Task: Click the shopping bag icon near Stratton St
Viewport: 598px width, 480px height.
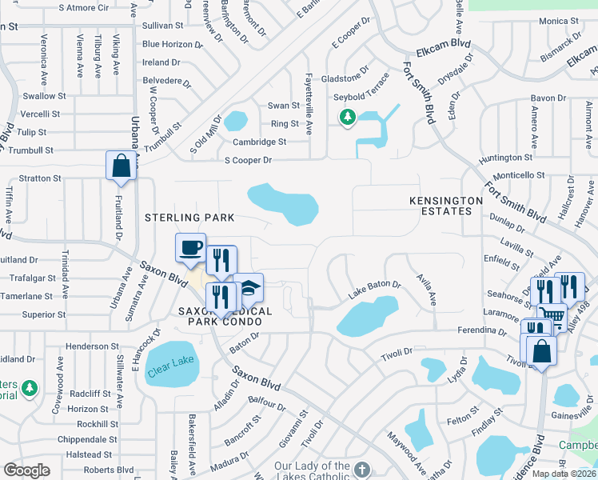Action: click(121, 166)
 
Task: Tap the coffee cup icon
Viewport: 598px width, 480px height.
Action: click(190, 247)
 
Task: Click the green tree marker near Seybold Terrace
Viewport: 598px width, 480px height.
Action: click(347, 118)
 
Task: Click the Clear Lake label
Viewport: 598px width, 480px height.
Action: click(170, 361)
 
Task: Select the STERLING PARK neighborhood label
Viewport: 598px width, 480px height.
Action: click(189, 218)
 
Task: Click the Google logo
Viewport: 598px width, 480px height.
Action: click(26, 470)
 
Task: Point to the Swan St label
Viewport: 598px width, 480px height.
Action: click(283, 106)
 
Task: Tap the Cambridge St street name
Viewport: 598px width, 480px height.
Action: click(259, 142)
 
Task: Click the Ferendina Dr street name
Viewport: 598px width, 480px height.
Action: click(483, 330)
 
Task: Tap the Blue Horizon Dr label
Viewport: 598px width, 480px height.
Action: click(172, 44)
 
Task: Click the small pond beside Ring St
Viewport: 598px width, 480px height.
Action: click(235, 121)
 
